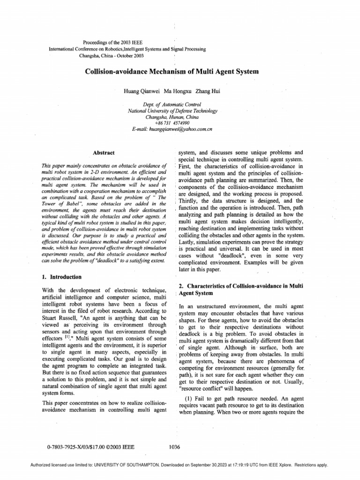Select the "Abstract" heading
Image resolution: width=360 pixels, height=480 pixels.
[104, 153]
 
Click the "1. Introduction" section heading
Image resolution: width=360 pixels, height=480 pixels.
[62, 277]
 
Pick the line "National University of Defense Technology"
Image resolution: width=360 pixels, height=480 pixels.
[172, 111]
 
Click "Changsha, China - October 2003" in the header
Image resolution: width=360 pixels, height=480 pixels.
[112, 55]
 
